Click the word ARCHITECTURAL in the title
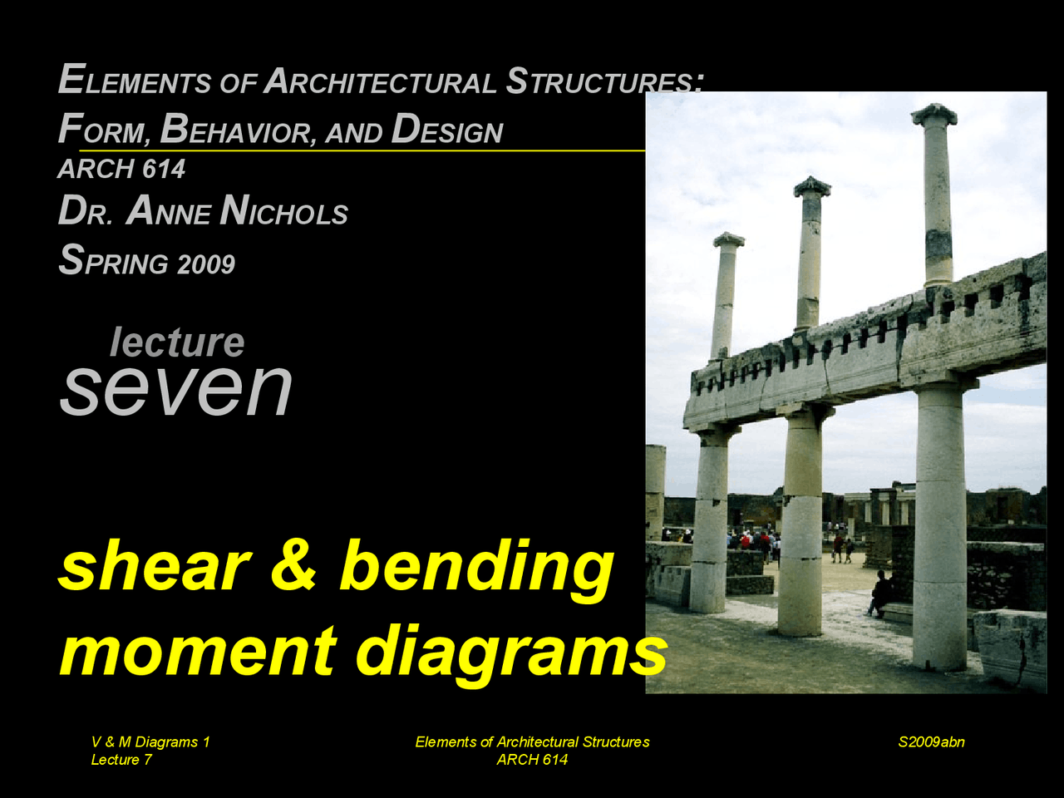(x=380, y=81)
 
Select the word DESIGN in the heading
(x=447, y=130)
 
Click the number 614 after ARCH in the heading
(x=163, y=170)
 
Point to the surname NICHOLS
(x=284, y=212)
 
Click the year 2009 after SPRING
(x=205, y=264)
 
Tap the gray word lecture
(x=177, y=342)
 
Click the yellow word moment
(x=198, y=650)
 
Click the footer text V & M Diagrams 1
(x=150, y=742)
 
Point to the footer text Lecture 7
(x=121, y=760)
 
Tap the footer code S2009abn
(x=931, y=742)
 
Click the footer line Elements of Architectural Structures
(x=532, y=742)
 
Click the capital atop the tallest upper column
(x=933, y=114)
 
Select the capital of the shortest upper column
(x=728, y=239)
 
